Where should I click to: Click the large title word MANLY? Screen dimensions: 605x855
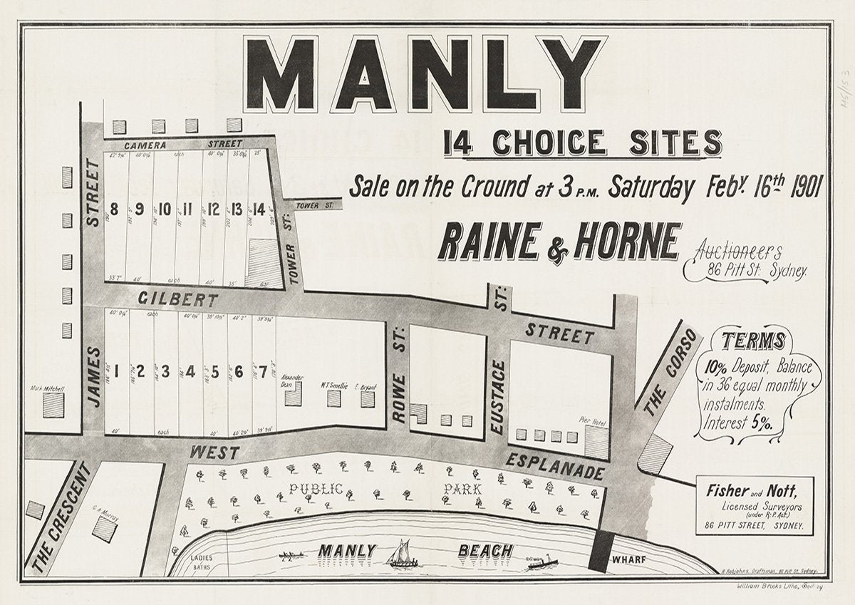click(x=425, y=73)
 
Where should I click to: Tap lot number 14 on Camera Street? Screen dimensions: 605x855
click(x=259, y=210)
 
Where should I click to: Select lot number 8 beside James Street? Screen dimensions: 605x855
click(x=114, y=210)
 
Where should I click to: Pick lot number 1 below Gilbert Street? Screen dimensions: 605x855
click(x=115, y=371)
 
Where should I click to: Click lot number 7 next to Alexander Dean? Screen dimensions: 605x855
click(x=263, y=371)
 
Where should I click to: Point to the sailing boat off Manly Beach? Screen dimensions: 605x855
click(x=400, y=554)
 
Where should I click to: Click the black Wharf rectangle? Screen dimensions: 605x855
click(x=602, y=552)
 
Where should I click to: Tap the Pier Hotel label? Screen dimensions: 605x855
click(x=593, y=424)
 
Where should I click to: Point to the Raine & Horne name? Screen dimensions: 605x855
click(x=559, y=243)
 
